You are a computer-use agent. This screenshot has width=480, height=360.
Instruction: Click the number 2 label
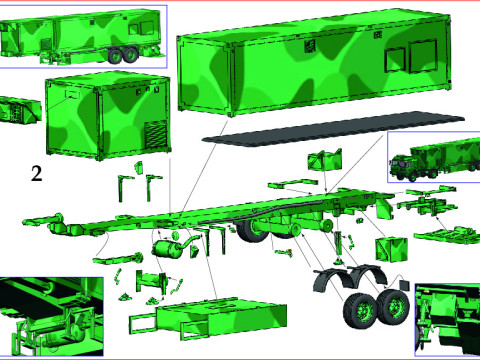pyautogui.click(x=36, y=173)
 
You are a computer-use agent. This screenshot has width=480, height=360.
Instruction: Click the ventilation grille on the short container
pyautogui.click(x=156, y=135)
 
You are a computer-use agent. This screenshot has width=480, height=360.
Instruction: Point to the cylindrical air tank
pyautogui.click(x=169, y=247)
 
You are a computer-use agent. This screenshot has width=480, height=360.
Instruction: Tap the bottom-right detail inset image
pyautogui.click(x=446, y=315)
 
